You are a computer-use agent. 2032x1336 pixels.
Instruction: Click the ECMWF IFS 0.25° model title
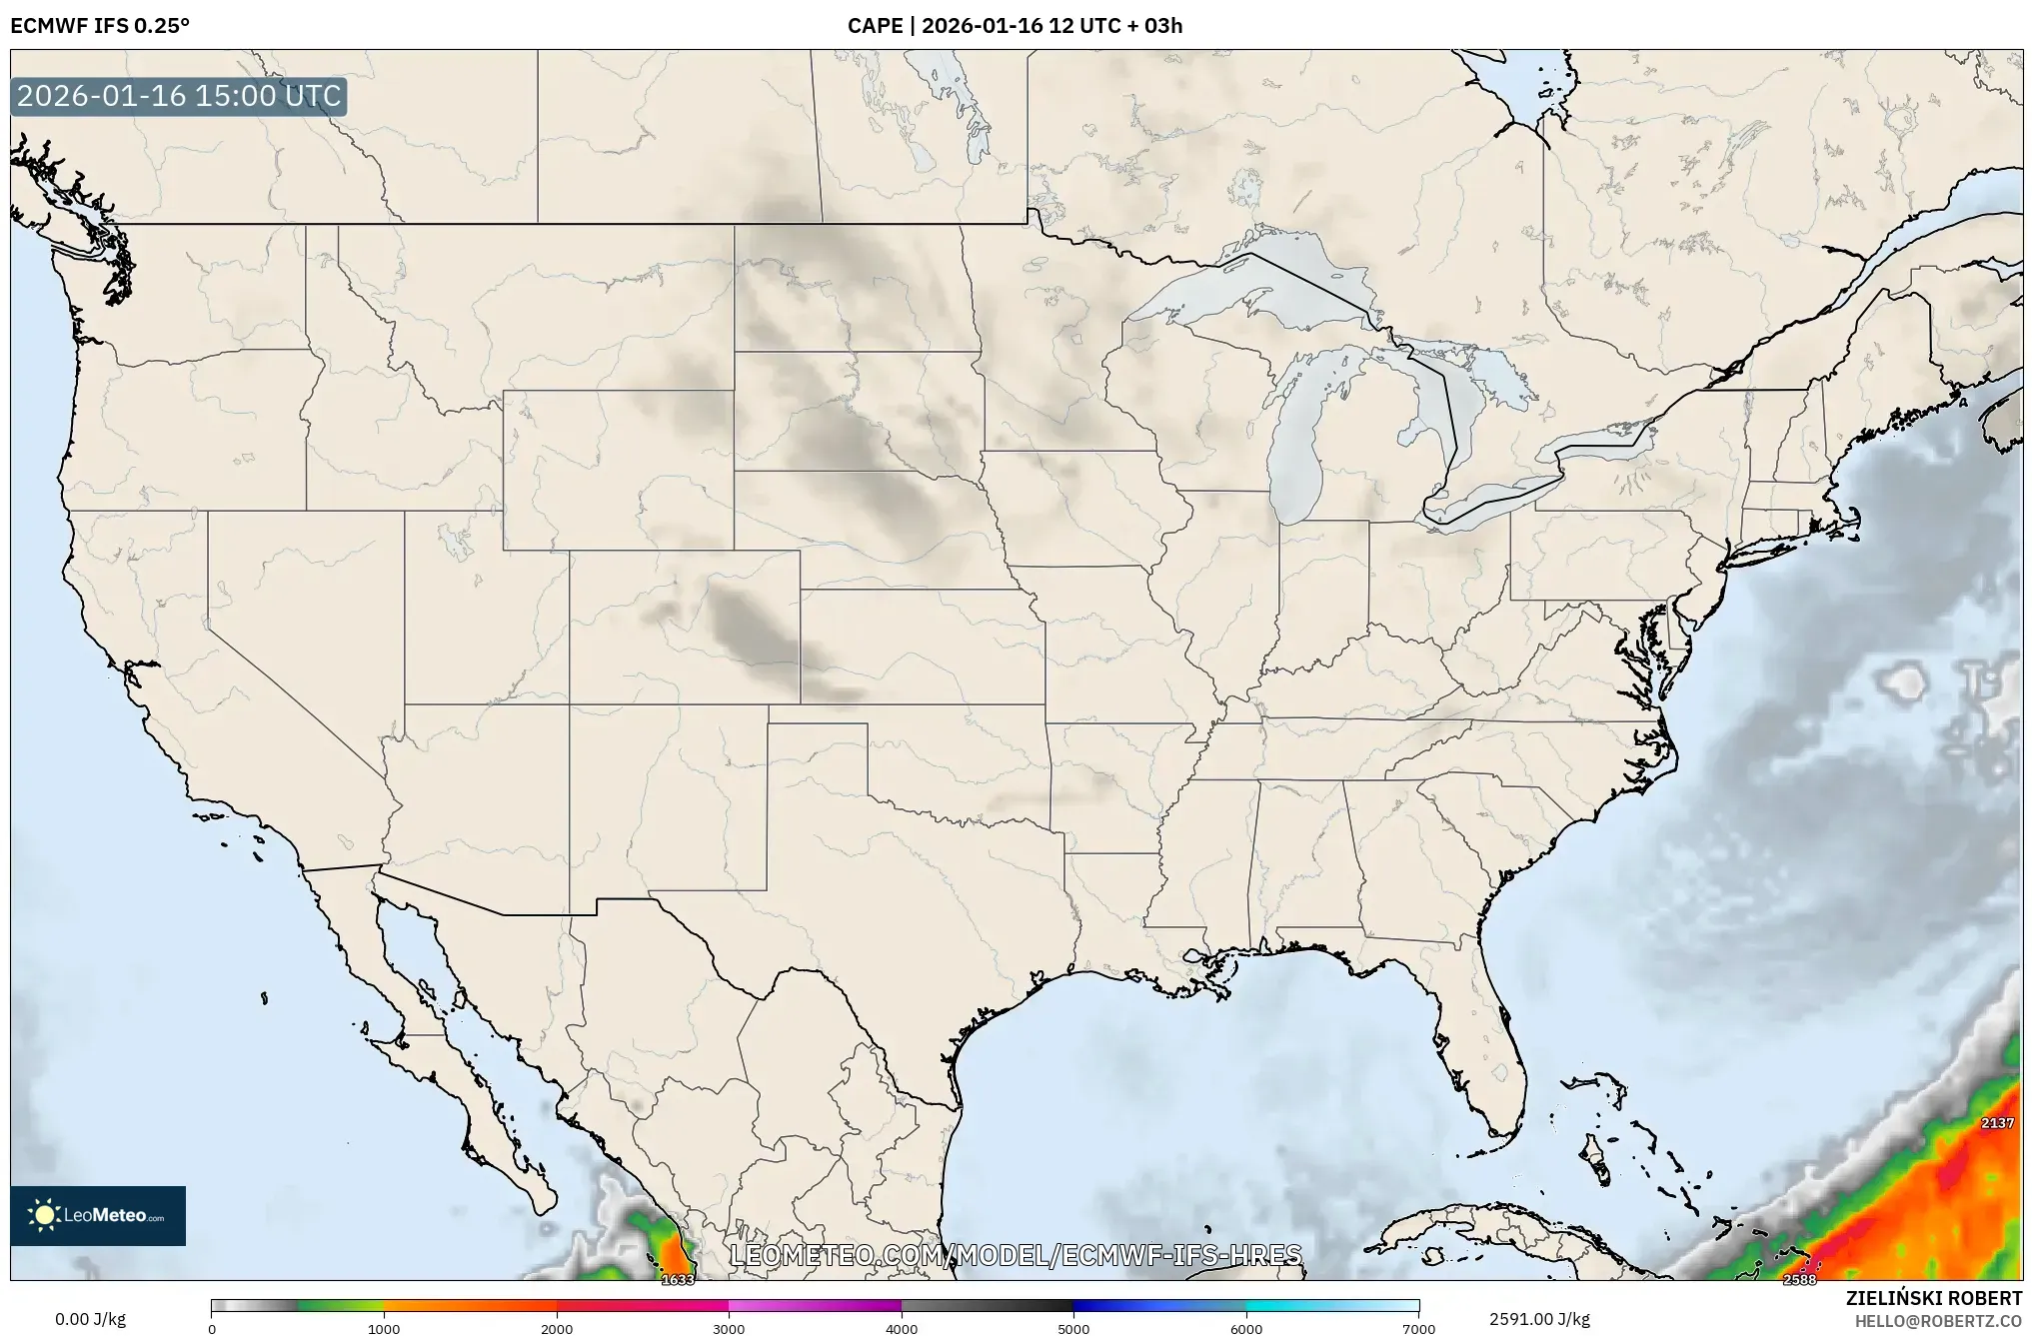(100, 25)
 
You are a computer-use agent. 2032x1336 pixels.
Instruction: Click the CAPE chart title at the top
(1015, 25)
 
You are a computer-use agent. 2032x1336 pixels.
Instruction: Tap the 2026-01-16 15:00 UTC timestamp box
(179, 96)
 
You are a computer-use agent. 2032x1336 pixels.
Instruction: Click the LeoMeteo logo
(98, 1215)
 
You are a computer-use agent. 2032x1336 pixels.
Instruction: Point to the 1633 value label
(678, 1280)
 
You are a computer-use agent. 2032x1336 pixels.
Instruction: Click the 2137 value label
(1997, 1123)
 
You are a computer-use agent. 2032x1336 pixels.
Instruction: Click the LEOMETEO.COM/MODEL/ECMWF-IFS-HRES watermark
(1016, 1255)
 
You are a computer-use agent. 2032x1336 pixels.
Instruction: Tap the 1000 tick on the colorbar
(384, 1329)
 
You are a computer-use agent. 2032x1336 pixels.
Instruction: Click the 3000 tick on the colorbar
(729, 1329)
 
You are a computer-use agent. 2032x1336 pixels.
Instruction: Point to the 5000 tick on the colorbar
(1073, 1329)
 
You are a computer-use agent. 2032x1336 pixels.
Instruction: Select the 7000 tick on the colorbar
(1418, 1329)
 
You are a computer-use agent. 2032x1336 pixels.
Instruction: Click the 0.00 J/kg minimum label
(90, 1319)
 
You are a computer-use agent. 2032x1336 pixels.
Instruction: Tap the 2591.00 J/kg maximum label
(1539, 1319)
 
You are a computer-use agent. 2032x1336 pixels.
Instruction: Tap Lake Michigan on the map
(1299, 440)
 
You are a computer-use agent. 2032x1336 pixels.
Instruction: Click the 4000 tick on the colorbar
(902, 1329)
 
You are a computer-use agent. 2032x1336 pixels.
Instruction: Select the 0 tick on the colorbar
(212, 1329)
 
